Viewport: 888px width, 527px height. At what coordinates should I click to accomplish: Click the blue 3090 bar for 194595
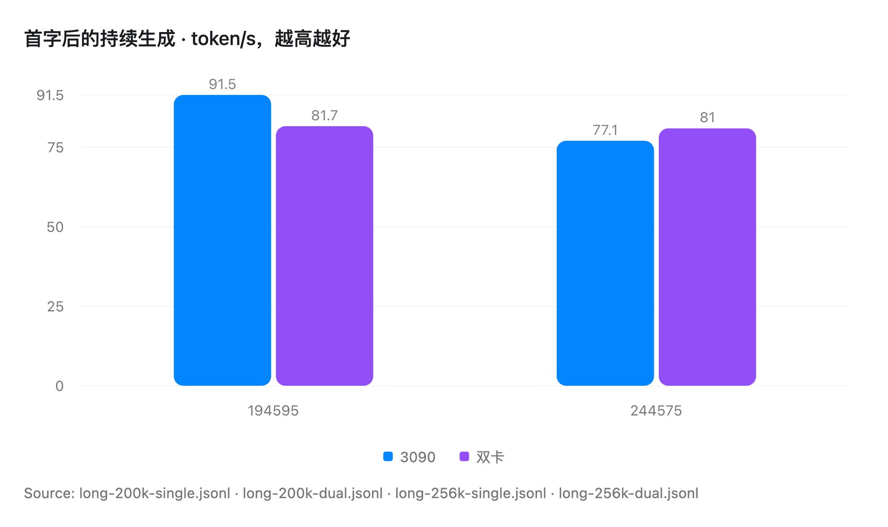tap(222, 240)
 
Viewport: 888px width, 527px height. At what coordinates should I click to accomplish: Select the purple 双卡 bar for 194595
tap(324, 256)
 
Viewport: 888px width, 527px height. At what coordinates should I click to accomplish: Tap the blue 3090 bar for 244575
tap(605, 263)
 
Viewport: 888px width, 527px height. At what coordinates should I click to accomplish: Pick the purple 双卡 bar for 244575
tap(707, 257)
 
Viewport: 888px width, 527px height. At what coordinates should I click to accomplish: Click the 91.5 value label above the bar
tap(222, 84)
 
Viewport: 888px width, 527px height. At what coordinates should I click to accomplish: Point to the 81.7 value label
tap(324, 115)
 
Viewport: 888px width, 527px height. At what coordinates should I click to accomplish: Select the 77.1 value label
tap(605, 130)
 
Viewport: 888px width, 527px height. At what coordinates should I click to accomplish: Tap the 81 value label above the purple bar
tap(707, 117)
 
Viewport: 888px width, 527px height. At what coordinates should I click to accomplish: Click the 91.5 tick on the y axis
tap(50, 95)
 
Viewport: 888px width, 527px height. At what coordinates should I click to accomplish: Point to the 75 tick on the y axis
tap(55, 148)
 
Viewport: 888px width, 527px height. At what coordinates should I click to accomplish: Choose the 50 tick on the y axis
tap(55, 227)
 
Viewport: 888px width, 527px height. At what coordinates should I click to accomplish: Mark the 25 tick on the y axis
tap(55, 307)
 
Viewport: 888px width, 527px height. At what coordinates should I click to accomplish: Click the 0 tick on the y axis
tap(59, 386)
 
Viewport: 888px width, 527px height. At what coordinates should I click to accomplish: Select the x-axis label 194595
tap(273, 410)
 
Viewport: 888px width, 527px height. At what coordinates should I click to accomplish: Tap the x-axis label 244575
tap(656, 410)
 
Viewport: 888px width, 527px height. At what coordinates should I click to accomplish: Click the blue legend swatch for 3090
tap(388, 456)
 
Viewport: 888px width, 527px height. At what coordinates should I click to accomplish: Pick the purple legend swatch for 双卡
tap(464, 456)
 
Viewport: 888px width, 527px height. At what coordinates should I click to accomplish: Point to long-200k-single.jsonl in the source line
tap(155, 493)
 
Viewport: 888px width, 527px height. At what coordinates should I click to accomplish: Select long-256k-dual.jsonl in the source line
tap(629, 493)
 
